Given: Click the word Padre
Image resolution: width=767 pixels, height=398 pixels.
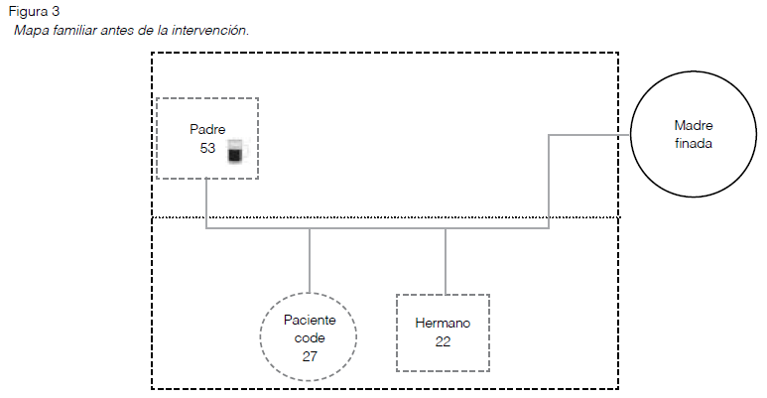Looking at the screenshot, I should [x=207, y=129].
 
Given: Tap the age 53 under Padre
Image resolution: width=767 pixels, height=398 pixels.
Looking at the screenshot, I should [x=207, y=147].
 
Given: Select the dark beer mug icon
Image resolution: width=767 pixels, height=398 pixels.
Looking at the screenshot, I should [x=235, y=151].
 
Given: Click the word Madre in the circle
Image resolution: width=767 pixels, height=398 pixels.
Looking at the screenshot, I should [x=694, y=125].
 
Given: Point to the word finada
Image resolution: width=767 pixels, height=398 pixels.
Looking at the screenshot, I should [x=694, y=143].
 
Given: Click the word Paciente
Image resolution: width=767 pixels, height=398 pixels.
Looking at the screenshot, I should [x=309, y=320].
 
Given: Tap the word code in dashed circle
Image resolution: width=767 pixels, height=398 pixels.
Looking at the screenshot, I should [x=309, y=337].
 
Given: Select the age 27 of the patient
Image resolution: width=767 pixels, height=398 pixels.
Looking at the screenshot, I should [x=309, y=355].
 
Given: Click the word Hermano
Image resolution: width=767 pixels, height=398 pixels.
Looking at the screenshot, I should [x=443, y=324].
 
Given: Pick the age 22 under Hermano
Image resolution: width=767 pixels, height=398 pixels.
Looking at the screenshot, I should [x=443, y=341].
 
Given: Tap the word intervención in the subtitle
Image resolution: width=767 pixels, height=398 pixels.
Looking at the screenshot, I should [x=210, y=30].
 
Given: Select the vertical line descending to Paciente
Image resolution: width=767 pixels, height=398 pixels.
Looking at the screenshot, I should [x=310, y=260].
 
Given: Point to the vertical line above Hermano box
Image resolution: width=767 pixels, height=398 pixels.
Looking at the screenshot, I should [x=446, y=261].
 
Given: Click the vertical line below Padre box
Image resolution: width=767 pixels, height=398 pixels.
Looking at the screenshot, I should [x=206, y=203].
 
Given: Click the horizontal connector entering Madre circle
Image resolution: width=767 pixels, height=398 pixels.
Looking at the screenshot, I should [x=590, y=136].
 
